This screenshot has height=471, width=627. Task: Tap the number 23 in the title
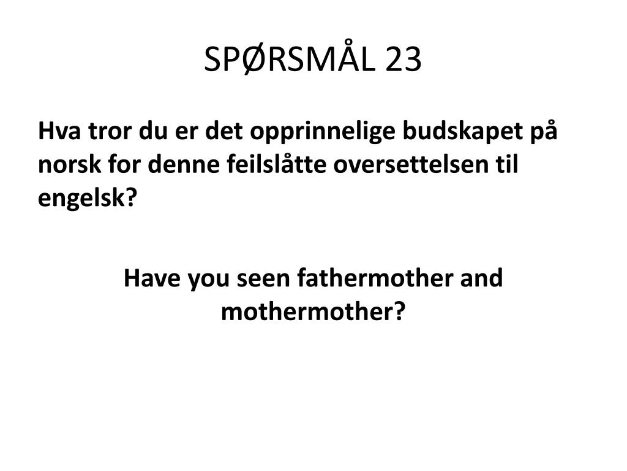[x=404, y=59]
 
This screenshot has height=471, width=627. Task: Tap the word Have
[x=152, y=278]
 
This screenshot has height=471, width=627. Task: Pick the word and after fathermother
[x=481, y=278]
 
